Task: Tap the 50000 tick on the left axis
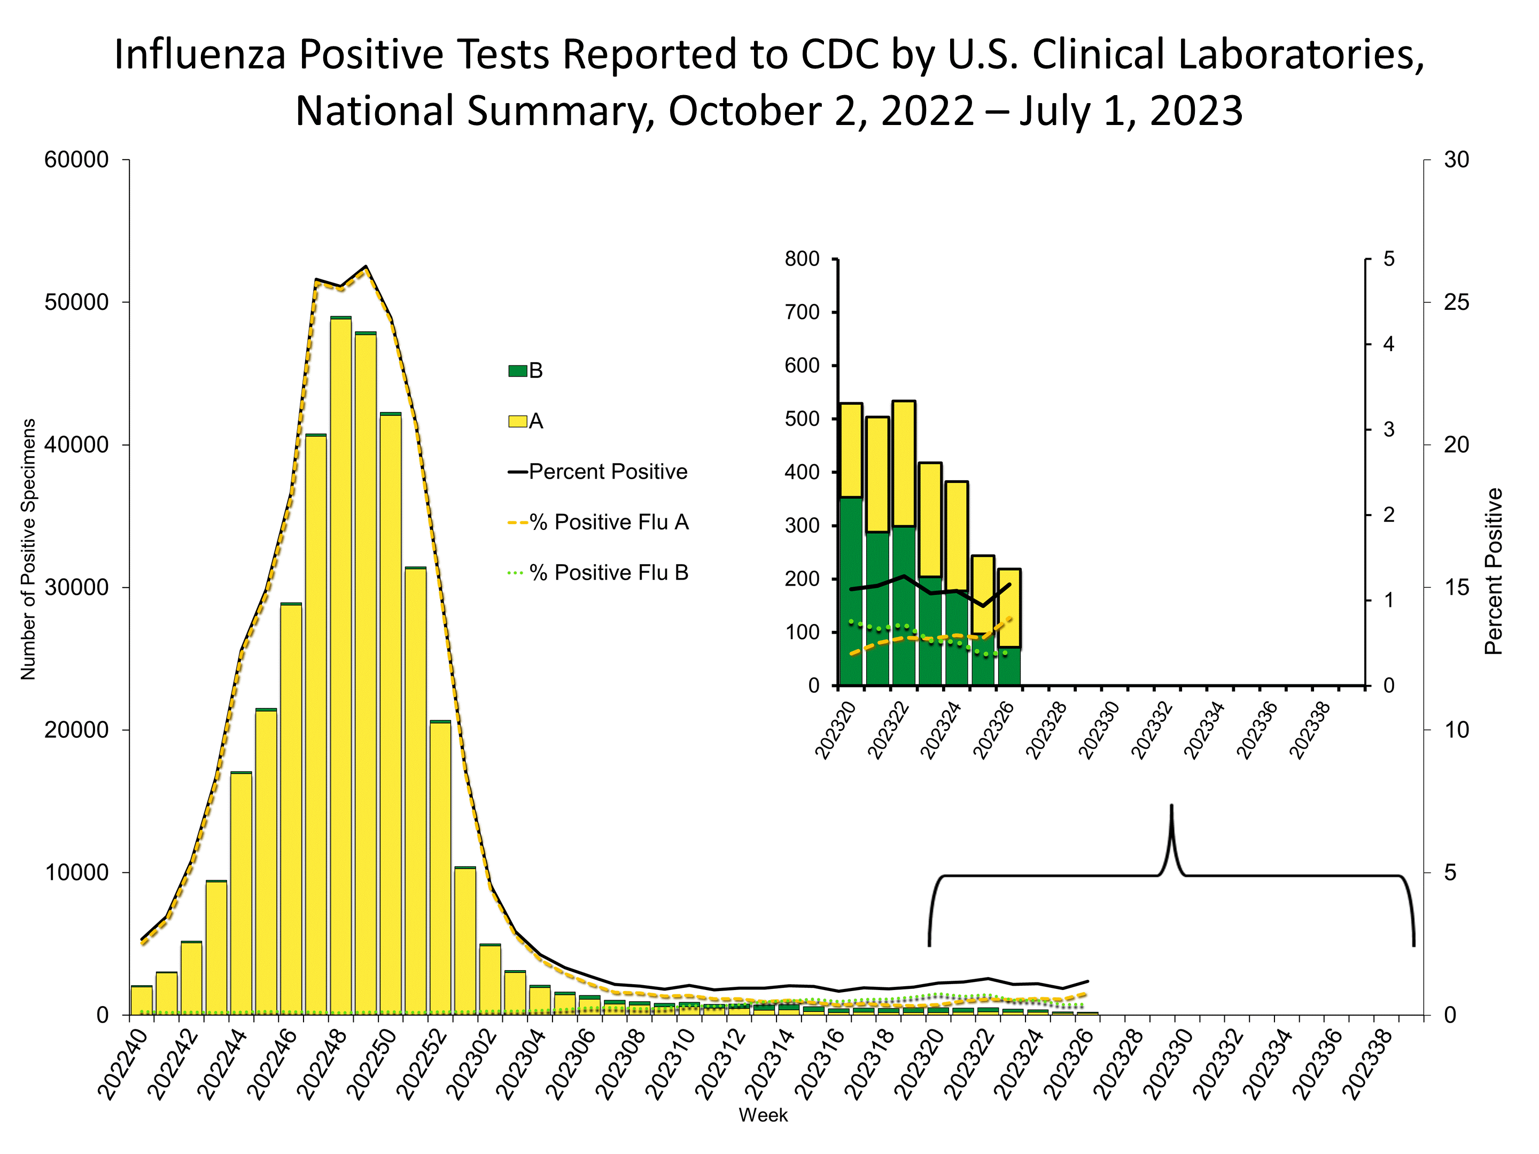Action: point(76,302)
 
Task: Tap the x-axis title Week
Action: point(763,1115)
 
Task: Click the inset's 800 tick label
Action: point(802,259)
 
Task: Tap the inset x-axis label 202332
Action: point(1152,730)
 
